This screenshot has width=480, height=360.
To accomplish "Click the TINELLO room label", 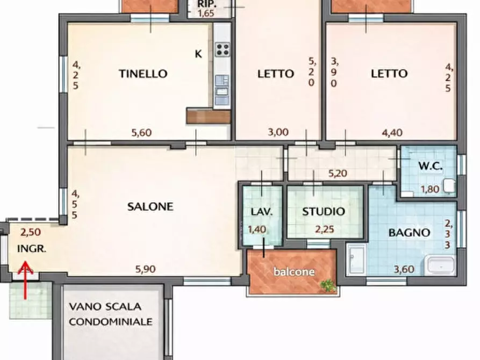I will coord(143,74).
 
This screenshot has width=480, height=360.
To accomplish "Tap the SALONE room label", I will coord(151,206).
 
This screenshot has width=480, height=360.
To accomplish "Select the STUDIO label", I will coord(324,211).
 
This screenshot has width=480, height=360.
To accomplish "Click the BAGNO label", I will coord(410,233).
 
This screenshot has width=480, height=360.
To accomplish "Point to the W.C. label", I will coord(429,167).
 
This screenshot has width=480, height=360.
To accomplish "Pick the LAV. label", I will coord(262,211).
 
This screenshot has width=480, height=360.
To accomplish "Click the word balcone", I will coord(294,272).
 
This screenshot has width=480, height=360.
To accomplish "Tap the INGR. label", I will coord(32,249).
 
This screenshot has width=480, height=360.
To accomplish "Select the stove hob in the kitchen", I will coord(223,50).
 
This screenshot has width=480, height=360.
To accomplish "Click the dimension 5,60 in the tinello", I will coord(141,133).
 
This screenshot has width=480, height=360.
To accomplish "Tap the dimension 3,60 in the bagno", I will coord(404,269).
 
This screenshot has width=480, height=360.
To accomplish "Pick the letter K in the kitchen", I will coord(198,54).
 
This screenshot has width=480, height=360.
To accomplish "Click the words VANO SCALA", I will coord(105,307).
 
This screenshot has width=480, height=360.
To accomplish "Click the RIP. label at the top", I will coord(206,3).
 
